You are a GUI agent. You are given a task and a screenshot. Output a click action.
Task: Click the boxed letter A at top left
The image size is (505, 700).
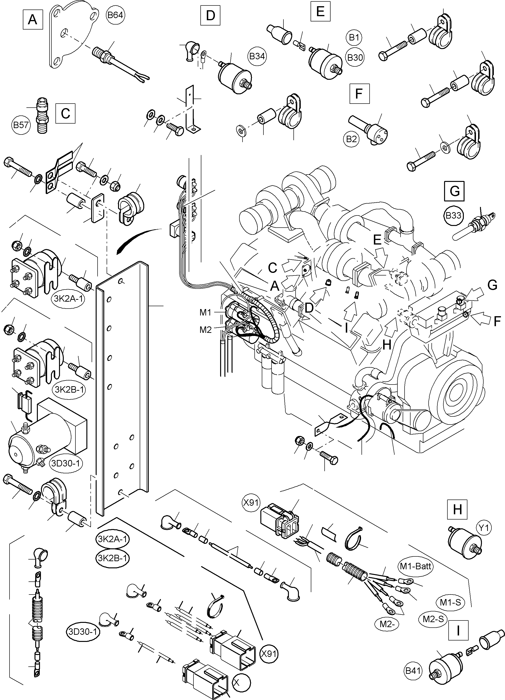(32, 20)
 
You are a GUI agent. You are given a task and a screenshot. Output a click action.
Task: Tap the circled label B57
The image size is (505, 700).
(21, 125)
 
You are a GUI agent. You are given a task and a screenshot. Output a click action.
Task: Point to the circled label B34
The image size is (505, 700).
(257, 56)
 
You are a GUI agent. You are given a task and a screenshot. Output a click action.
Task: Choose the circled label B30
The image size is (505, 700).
(355, 57)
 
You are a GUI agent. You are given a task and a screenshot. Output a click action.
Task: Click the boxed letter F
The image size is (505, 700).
(359, 93)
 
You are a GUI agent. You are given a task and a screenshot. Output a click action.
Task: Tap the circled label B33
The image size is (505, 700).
(453, 215)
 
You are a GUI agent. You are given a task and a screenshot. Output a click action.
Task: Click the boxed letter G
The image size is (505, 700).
(454, 191)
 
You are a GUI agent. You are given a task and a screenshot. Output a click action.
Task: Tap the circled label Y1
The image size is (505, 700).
(484, 528)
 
